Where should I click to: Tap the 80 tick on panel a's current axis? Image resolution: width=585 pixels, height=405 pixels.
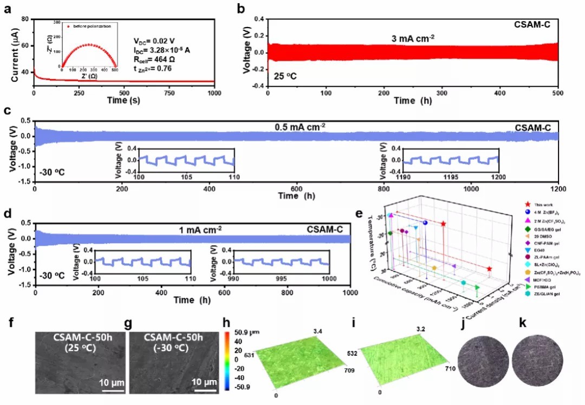tap(24, 19)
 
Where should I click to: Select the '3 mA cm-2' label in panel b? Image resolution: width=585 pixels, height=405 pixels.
tap(415, 38)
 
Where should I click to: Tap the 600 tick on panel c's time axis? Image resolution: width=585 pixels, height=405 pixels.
tap(296, 190)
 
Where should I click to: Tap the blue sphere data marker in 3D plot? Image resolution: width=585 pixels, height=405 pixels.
tap(425, 223)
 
